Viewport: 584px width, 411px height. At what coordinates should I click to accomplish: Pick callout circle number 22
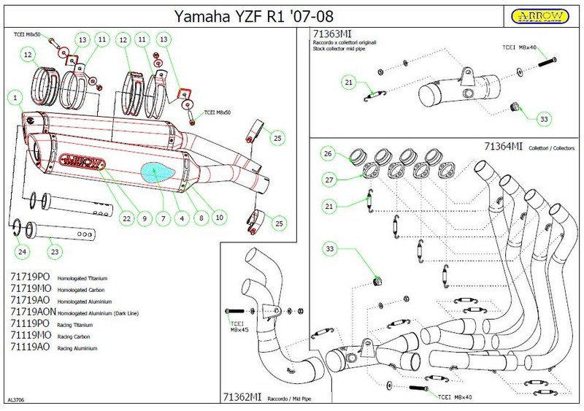pos(126,218)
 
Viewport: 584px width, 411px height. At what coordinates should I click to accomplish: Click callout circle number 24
pos(23,252)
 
